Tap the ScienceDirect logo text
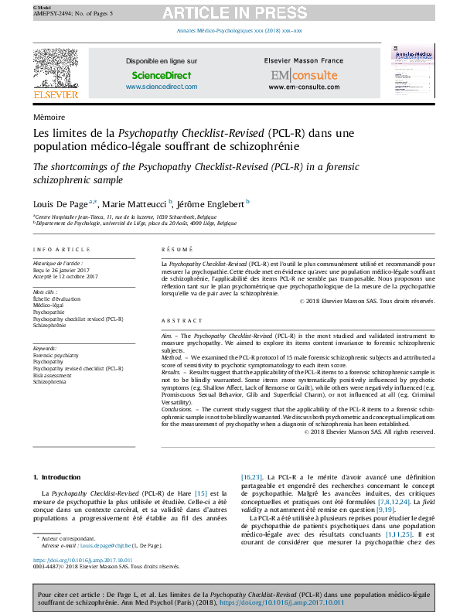pyautogui.click(x=161, y=76)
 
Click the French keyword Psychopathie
pyautogui.click(x=49, y=312)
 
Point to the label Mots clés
pyautogui.click(x=45, y=292)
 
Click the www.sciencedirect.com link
pyautogui.click(x=161, y=87)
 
